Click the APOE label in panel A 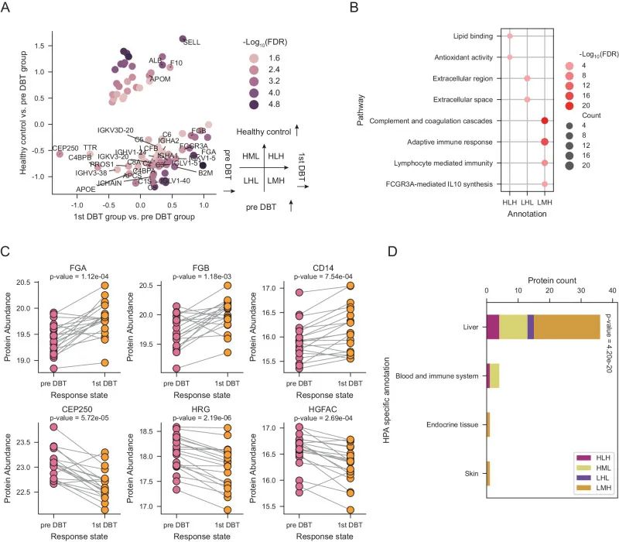coord(86,189)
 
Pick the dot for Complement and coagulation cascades coord(545,121)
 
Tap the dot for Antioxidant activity coord(509,57)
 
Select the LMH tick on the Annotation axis coord(545,203)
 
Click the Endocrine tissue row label coord(451,424)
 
